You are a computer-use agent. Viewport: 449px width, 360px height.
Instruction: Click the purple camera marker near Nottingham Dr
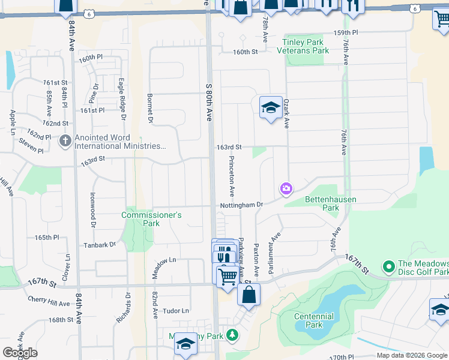click(286, 189)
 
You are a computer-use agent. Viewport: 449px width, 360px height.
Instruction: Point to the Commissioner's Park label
click(151, 219)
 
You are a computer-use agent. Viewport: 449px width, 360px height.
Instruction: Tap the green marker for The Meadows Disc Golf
click(389, 265)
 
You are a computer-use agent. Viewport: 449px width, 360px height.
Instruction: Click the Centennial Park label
click(314, 320)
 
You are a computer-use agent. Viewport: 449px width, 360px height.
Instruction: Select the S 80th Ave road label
click(209, 102)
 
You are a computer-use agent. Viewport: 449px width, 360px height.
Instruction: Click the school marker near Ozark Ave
click(271, 108)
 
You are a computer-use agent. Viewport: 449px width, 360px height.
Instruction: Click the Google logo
click(20, 353)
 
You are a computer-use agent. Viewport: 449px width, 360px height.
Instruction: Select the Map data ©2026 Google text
click(412, 355)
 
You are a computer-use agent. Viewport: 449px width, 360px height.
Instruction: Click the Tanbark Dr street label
click(100, 245)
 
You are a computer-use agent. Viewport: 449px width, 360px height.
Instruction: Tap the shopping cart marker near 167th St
click(227, 277)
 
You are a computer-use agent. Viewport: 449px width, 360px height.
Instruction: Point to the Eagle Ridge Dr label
click(122, 94)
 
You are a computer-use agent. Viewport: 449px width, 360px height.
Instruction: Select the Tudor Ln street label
click(176, 311)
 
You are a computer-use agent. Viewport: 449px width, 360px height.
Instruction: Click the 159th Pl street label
click(346, 32)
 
